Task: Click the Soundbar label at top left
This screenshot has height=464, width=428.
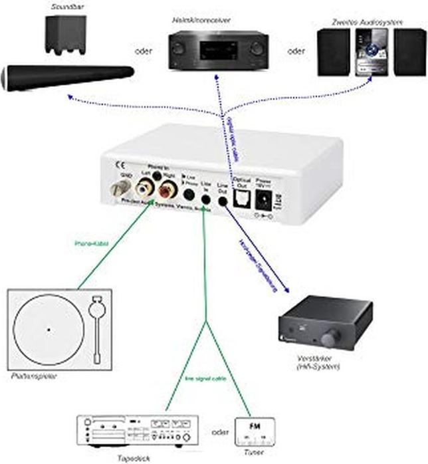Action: (62, 6)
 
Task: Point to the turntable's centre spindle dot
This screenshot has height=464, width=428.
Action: (49, 328)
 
